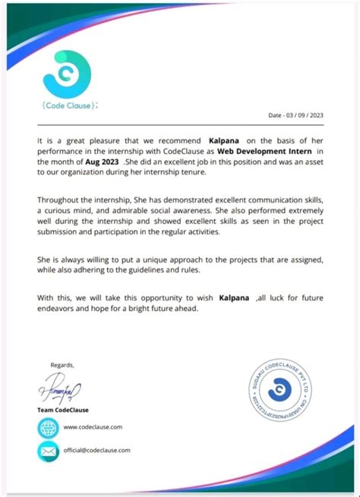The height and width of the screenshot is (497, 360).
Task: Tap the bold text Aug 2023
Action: pyautogui.click(x=102, y=162)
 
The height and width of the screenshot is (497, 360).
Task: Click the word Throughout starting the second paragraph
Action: pyautogui.click(x=62, y=199)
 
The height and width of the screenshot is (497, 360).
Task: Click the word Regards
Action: pyautogui.click(x=62, y=364)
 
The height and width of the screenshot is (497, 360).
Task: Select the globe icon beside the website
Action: pyautogui.click(x=48, y=428)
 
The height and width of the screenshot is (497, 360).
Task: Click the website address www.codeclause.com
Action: pyautogui.click(x=92, y=427)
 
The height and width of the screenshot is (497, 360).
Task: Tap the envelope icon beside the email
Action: pyautogui.click(x=48, y=451)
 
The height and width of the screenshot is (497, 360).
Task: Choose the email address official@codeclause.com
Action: pyautogui.click(x=96, y=450)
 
